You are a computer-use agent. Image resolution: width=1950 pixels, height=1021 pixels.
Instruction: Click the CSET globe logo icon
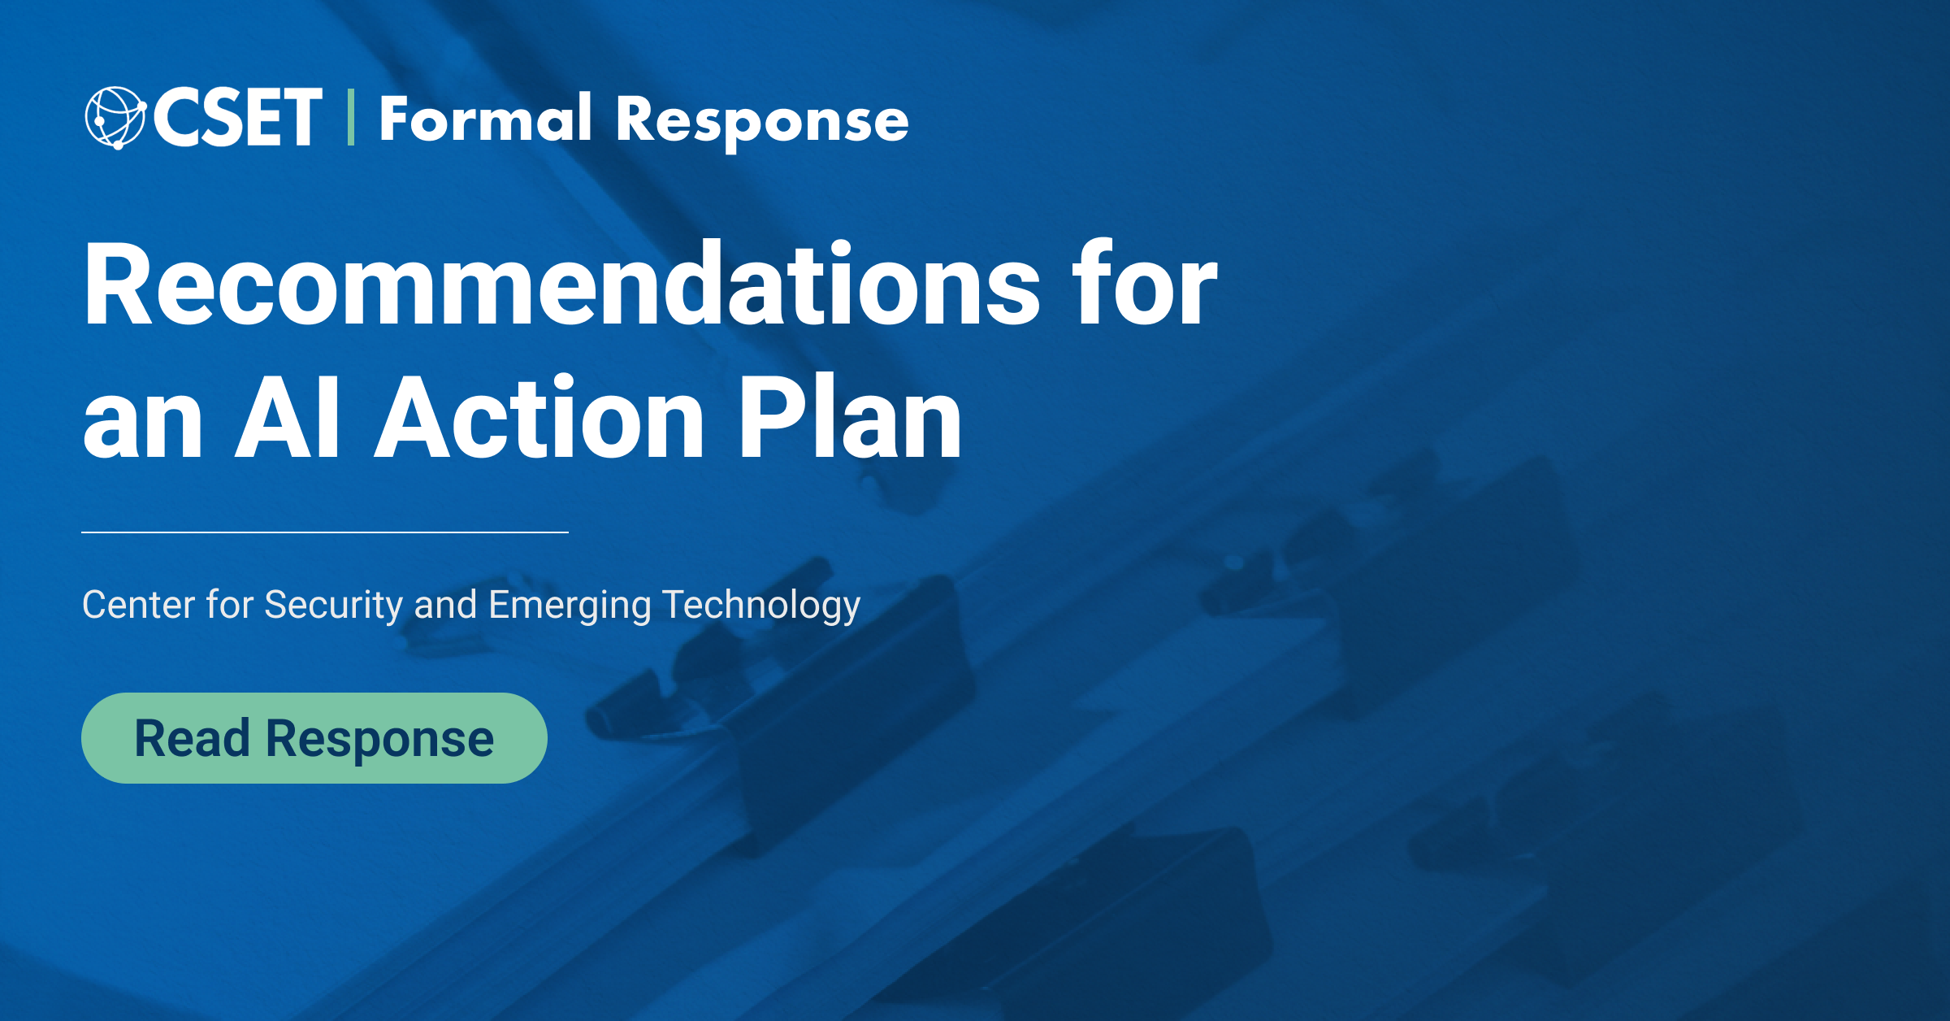pyautogui.click(x=115, y=118)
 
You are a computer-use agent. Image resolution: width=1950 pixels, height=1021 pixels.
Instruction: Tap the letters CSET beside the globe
pyautogui.click(x=237, y=118)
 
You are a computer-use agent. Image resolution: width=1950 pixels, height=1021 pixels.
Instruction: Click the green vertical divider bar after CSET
pyautogui.click(x=351, y=118)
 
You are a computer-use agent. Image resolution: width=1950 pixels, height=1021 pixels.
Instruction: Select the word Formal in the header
pyautogui.click(x=485, y=119)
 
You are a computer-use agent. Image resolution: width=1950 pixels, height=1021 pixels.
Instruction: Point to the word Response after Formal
pyautogui.click(x=761, y=121)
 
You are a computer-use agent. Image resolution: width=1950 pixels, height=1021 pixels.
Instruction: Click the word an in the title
pyautogui.click(x=142, y=421)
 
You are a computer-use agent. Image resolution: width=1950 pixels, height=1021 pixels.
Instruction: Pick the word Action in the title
pyautogui.click(x=539, y=418)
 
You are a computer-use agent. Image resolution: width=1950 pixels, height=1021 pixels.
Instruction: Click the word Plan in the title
pyautogui.click(x=849, y=418)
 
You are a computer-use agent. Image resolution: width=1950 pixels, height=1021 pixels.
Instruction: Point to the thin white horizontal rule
pyautogui.click(x=325, y=532)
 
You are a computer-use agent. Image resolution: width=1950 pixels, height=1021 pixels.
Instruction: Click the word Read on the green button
pyautogui.click(x=192, y=738)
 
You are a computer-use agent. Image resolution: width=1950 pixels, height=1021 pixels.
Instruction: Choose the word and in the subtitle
pyautogui.click(x=445, y=605)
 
